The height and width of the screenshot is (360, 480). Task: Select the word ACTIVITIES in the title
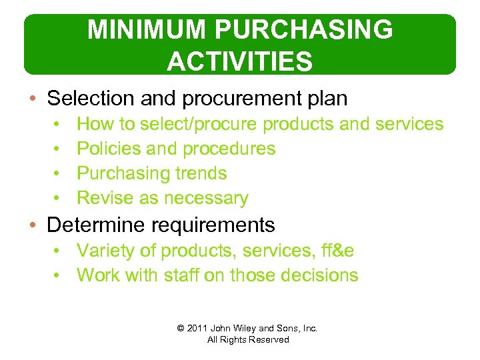click(239, 61)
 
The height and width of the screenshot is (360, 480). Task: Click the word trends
click(201, 173)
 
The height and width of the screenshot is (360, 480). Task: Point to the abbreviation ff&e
click(338, 251)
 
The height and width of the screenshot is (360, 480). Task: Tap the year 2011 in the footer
click(197, 328)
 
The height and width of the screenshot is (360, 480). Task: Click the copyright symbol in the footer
click(181, 328)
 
